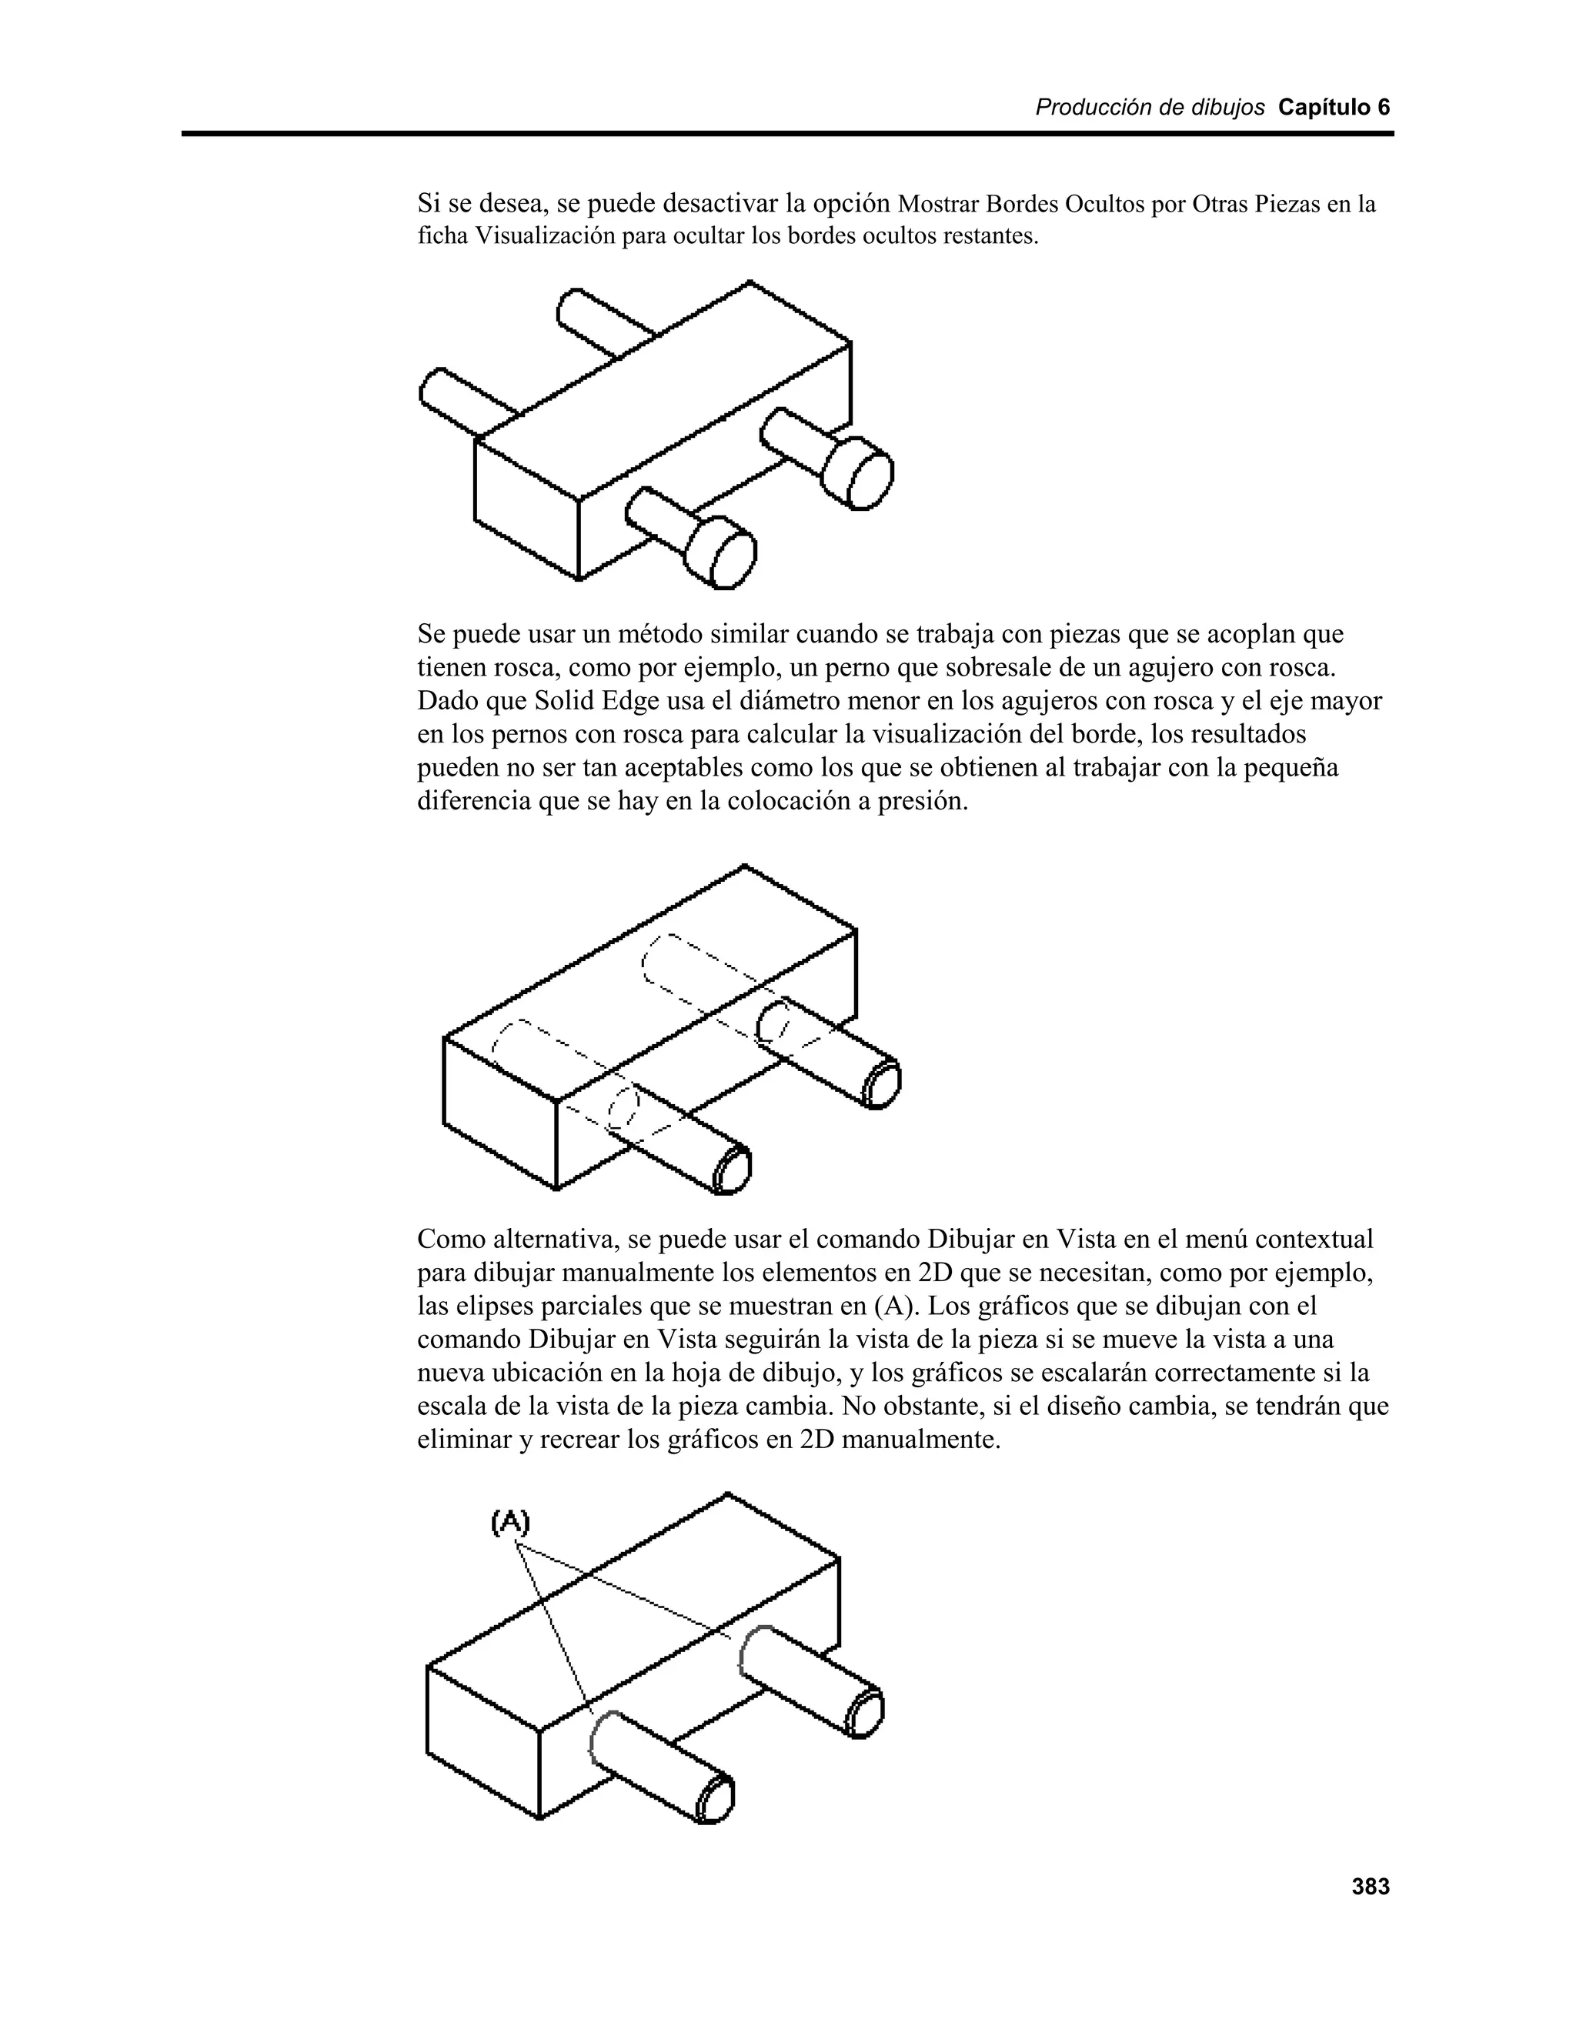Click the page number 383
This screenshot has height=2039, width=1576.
(1371, 1887)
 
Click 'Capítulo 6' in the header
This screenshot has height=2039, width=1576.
(1334, 108)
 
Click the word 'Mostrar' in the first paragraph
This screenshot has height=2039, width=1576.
(933, 204)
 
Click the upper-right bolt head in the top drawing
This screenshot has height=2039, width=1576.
(860, 474)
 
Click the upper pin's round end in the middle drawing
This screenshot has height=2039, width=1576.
(880, 1085)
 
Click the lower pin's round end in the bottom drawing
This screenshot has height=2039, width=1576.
(715, 1797)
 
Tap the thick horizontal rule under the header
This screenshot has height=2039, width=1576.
(787, 135)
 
